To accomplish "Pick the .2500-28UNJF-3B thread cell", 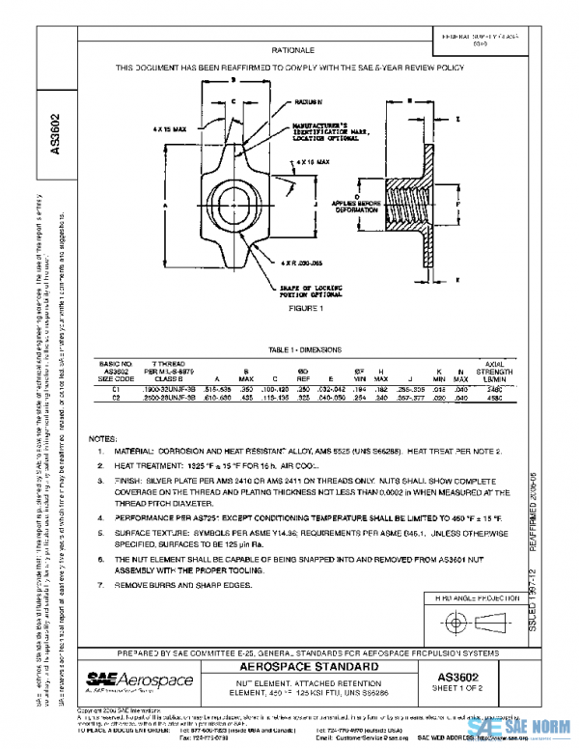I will pyautogui.click(x=169, y=397).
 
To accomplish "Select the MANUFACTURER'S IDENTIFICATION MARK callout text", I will pyautogui.click(x=328, y=133).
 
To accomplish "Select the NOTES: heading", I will pyautogui.click(x=102, y=439).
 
